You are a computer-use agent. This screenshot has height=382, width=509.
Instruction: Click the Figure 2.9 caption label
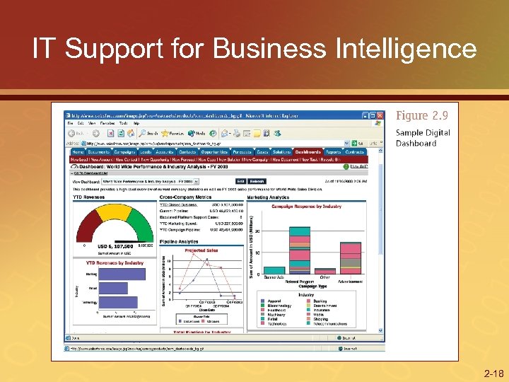pos(423,115)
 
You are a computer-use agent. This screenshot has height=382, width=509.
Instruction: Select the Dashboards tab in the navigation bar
pos(308,151)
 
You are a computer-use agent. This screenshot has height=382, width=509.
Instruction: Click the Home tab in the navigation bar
pos(78,151)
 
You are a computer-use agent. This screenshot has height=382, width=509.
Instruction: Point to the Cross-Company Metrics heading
pos(186,198)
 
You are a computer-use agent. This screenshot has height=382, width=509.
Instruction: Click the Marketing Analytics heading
pos(269,198)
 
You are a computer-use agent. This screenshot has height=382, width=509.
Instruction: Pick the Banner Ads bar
pos(275,270)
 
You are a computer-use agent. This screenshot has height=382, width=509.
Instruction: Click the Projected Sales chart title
pos(201,250)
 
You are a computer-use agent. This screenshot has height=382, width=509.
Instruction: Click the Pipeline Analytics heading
pos(180,242)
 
